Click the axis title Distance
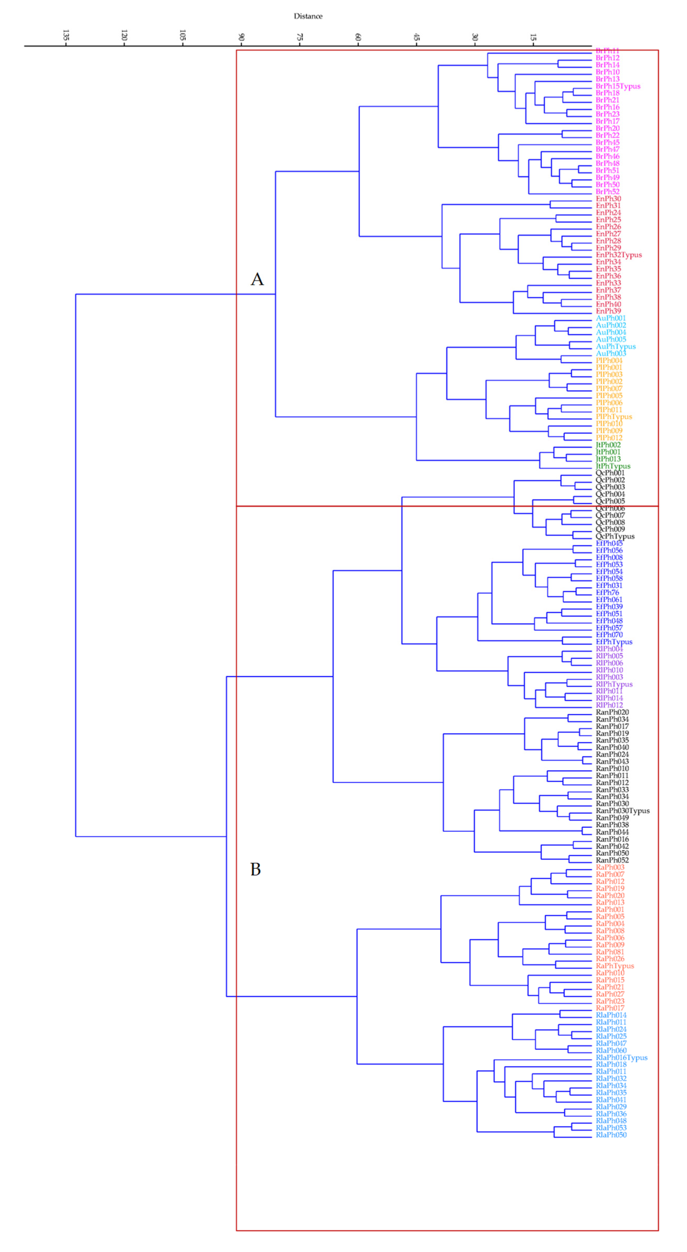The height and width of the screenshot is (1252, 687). pyautogui.click(x=308, y=16)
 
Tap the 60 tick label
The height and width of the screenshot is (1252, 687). pyautogui.click(x=358, y=37)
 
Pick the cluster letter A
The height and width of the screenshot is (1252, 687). pyautogui.click(x=257, y=279)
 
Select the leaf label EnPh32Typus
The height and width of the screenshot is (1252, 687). pyautogui.click(x=618, y=255)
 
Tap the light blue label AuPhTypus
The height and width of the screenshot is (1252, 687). pyautogui.click(x=616, y=346)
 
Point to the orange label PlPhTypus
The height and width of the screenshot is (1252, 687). pyautogui.click(x=614, y=417)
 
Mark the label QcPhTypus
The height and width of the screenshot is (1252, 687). pyautogui.click(x=615, y=536)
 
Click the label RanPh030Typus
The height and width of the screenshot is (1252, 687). pyautogui.click(x=622, y=811)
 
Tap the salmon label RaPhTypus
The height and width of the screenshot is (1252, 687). pyautogui.click(x=615, y=966)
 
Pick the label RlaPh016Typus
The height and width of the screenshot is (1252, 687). pyautogui.click(x=621, y=1058)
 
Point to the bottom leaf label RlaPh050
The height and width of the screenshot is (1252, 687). pyautogui.click(x=611, y=1135)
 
